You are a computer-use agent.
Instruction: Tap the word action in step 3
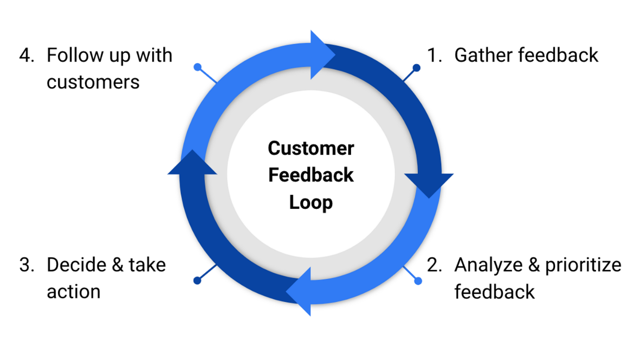pyautogui.click(x=73, y=292)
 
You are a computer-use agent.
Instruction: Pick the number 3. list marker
pyautogui.click(x=27, y=265)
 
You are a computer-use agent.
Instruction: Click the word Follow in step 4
pyautogui.click(x=75, y=55)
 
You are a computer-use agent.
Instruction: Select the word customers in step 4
pyautogui.click(x=93, y=82)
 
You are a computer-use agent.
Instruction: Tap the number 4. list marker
pyautogui.click(x=27, y=55)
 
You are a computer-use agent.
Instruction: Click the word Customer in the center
pyautogui.click(x=311, y=148)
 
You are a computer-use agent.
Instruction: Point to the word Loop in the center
pyautogui.click(x=311, y=203)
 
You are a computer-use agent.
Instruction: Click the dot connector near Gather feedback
pyautogui.click(x=416, y=68)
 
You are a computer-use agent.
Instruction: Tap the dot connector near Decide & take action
pyautogui.click(x=198, y=280)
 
